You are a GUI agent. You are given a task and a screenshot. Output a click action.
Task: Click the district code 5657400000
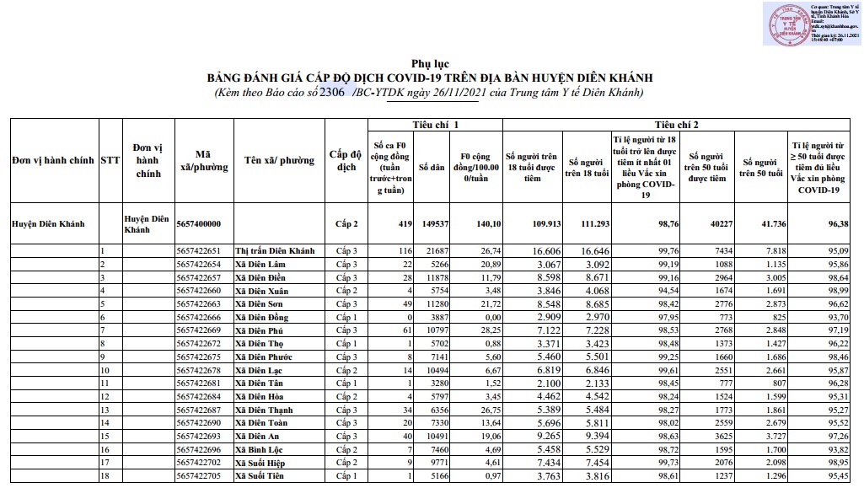199,224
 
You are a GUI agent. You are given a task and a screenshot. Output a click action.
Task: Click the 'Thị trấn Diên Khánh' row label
275,251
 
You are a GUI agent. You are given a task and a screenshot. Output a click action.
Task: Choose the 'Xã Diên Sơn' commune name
260,303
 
